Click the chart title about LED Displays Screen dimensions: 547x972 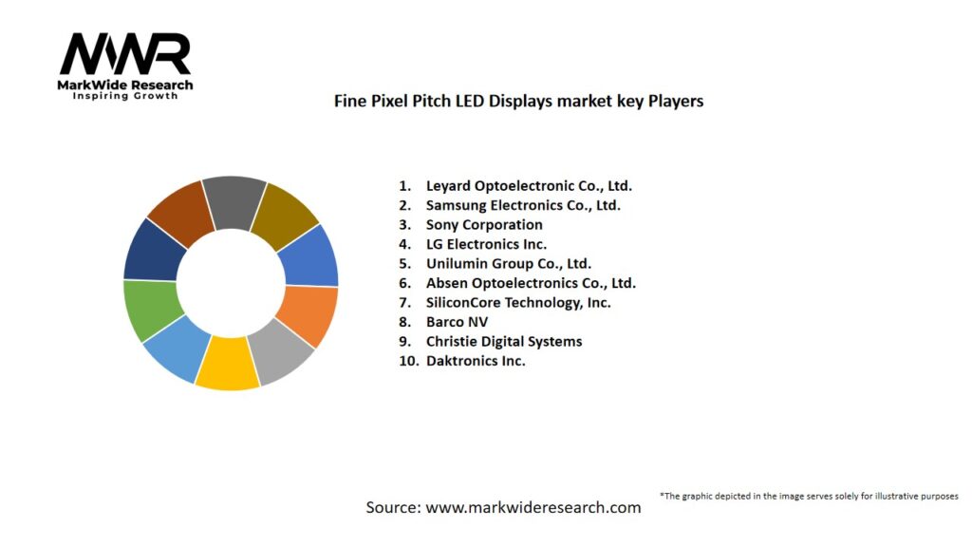518,100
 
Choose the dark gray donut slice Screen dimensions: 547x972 233,201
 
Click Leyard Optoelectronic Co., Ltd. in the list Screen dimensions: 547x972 528,185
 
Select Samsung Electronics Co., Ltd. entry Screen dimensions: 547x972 523,205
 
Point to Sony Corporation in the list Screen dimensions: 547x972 484,225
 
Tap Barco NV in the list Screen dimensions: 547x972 457,322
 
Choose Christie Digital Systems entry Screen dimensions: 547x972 504,341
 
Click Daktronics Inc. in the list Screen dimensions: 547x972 476,361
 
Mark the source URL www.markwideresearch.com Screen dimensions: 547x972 533,507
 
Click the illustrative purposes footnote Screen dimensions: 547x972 809,496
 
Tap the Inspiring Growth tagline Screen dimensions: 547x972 125,96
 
